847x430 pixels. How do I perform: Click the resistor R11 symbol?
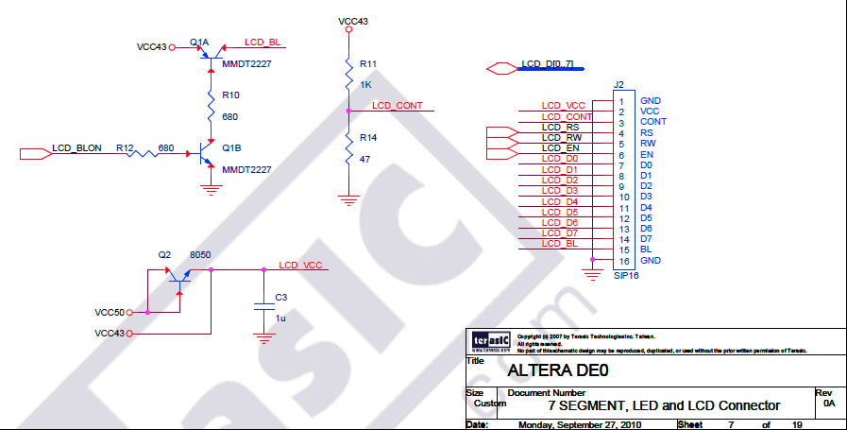(348, 73)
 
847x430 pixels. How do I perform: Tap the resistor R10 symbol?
(212, 106)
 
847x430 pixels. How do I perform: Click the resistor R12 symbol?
(141, 149)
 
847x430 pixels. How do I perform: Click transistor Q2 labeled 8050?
(178, 274)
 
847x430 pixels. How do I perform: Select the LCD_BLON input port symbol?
(34, 149)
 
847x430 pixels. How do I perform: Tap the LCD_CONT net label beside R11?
(397, 105)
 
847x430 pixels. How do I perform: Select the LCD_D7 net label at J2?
(560, 232)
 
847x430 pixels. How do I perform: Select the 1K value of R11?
(365, 84)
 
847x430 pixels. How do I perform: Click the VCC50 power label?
(110, 312)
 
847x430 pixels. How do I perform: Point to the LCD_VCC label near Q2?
(301, 266)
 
